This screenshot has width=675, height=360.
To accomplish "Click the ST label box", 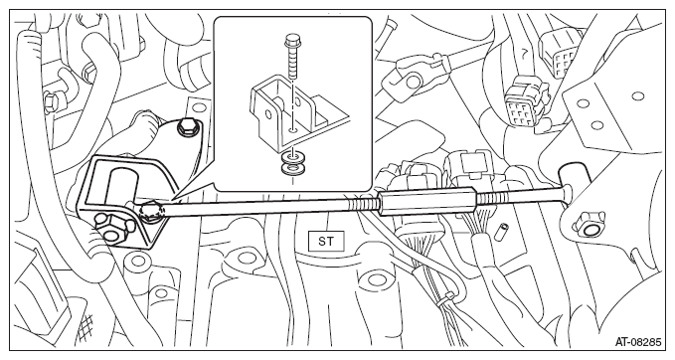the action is (x=326, y=241).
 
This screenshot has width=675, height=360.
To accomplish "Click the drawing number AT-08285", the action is (x=638, y=343).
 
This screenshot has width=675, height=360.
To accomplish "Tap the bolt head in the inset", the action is (x=292, y=42).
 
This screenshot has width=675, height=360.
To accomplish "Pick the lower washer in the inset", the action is (x=292, y=168).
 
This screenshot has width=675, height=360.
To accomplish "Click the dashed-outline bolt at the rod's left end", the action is (x=152, y=212).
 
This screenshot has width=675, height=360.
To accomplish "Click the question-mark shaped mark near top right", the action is (x=524, y=54).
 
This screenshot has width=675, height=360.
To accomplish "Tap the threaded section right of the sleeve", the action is (x=490, y=198).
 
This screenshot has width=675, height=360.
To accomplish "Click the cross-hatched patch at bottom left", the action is (x=86, y=323).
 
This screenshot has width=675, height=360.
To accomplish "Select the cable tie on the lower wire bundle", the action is (x=447, y=298).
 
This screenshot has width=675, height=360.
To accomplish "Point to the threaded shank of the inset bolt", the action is (x=292, y=63).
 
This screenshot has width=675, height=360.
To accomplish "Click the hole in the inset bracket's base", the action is (x=292, y=128).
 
